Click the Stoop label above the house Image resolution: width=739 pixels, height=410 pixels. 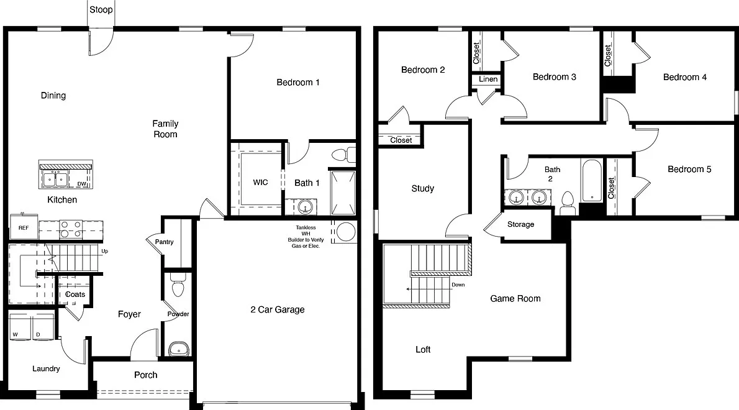point(101,9)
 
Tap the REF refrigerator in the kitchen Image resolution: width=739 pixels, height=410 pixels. point(24,227)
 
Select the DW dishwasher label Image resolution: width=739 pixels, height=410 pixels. point(81,184)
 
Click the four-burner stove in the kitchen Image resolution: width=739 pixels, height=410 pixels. point(71,229)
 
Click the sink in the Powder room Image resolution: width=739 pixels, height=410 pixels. point(179,349)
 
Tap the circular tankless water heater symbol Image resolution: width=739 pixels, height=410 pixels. point(346,232)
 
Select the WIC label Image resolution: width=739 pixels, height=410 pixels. point(260,183)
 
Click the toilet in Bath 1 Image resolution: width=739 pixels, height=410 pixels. point(343,155)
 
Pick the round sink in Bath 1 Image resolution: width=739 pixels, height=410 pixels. point(305,206)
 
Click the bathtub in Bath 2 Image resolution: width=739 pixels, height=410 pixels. point(592,181)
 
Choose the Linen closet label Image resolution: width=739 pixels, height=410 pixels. point(487,79)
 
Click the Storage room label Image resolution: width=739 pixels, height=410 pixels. point(521,224)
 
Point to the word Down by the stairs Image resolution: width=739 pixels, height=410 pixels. point(458,285)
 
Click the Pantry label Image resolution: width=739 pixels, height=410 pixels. point(164,242)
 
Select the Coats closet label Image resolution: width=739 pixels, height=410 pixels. point(75,294)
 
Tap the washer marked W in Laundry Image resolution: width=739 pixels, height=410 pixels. point(20,327)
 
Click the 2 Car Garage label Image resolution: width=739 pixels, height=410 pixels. point(278,309)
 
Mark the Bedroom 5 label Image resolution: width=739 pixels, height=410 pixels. point(689,169)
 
